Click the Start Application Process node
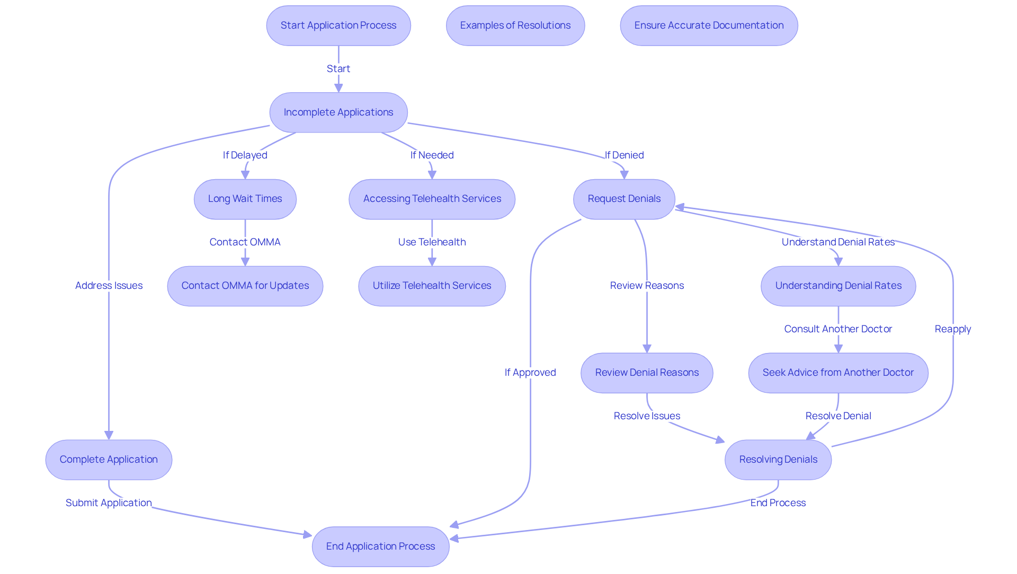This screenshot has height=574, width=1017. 338,25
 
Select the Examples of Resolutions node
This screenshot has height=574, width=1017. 515,25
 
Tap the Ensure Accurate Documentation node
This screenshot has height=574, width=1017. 709,25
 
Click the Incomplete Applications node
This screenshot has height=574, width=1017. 338,112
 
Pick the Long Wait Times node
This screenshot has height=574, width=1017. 245,199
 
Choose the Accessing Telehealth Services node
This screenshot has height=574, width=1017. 432,199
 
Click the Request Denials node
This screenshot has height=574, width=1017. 624,199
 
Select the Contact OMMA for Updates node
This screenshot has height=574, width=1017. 245,286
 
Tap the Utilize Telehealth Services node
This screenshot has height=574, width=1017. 432,286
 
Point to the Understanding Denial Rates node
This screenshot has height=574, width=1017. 838,286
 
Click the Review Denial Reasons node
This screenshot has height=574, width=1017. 647,373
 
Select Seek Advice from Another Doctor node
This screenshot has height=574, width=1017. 838,373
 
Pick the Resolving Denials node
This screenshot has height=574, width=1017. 778,460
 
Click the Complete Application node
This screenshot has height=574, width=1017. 109,460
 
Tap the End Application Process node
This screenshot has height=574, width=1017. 381,546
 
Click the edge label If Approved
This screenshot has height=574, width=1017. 530,373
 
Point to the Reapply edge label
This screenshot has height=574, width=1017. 953,329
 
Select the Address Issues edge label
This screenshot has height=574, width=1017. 109,286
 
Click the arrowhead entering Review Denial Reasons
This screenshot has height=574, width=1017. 647,349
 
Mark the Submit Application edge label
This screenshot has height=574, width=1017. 109,503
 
